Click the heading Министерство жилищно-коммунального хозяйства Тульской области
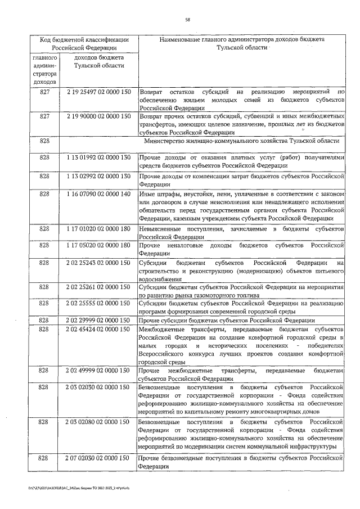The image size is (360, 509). click(242, 141)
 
